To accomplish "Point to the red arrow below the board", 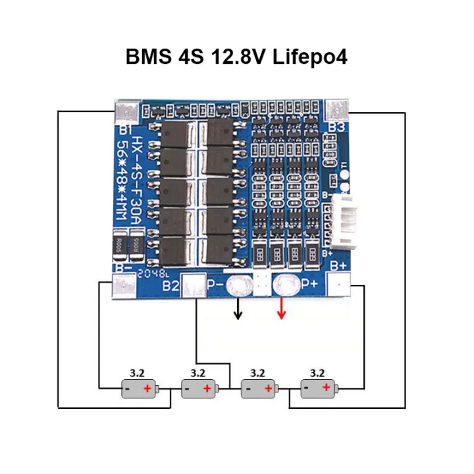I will [x=281, y=308].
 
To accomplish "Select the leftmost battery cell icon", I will [x=140, y=389].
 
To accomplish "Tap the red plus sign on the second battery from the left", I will [x=207, y=389].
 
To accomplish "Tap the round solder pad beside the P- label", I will [x=236, y=286].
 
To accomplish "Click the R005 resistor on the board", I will [x=120, y=244].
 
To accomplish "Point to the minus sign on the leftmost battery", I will [x=126, y=389].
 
